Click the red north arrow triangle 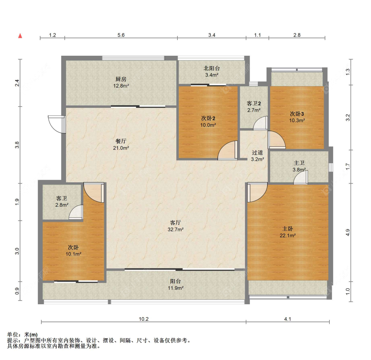click(20, 36)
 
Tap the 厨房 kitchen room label click(121, 79)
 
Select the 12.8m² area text click(121, 86)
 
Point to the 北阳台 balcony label click(212, 68)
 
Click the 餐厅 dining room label click(121, 141)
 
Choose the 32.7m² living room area click(175, 229)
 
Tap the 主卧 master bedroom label click(288, 229)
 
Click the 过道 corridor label click(258, 153)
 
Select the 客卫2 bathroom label click(254, 104)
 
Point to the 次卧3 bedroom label click(297, 114)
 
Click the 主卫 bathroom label click(299, 163)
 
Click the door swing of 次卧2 click(227, 150)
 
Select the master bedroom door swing click(258, 192)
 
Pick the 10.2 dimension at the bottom click(144, 319)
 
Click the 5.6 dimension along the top click(121, 35)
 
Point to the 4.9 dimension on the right click(348, 232)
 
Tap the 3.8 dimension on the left click(17, 145)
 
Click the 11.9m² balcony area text click(175, 288)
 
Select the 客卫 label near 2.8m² click(62, 198)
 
